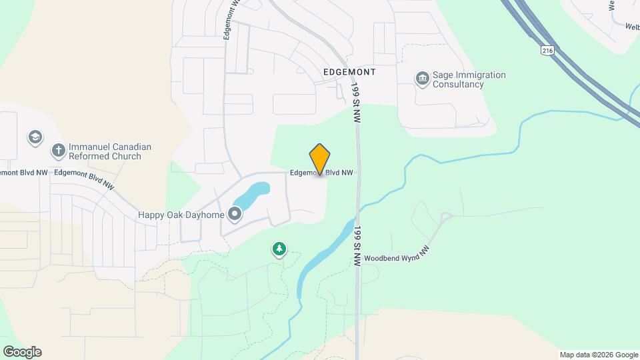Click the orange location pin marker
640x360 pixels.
click(x=320, y=159)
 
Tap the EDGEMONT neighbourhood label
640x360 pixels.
click(x=349, y=72)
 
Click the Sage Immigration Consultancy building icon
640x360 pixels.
click(x=421, y=79)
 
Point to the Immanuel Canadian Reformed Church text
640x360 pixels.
click(x=103, y=151)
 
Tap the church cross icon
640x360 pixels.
click(x=58, y=150)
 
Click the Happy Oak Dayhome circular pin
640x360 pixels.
click(x=234, y=214)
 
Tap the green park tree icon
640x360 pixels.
click(x=279, y=249)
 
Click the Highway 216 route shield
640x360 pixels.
click(x=548, y=50)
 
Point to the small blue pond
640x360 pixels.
click(x=251, y=196)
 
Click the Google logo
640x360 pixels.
click(x=22, y=352)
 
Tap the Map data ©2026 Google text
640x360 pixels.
click(x=599, y=355)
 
